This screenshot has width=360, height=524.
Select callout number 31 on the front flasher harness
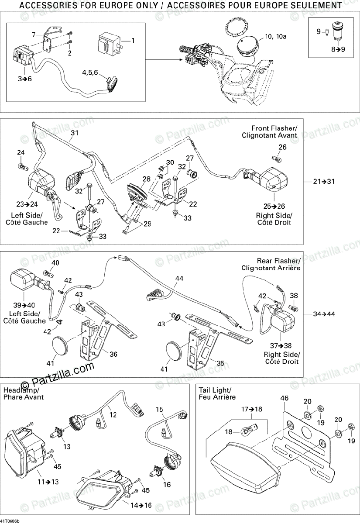coord(74,133)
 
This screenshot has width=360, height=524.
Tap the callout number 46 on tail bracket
coord(285,398)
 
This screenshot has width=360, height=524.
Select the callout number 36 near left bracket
coord(113,355)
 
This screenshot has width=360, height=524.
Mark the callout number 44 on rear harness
coord(179,278)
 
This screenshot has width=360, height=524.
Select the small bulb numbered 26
coord(275,158)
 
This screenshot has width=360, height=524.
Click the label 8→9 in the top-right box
coord(337,49)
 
